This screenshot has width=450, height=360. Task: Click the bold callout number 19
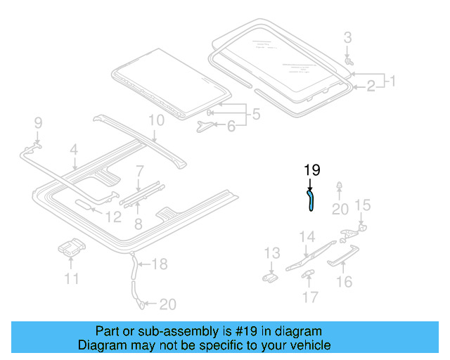pos(311,170)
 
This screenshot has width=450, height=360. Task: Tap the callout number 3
pos(347,37)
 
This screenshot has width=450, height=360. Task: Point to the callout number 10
pos(156,120)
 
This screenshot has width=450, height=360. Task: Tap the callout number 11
pos(71,279)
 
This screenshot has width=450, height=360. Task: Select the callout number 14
pos(307,236)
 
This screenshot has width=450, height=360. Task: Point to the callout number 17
pos(310,297)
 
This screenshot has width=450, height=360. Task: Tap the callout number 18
pos(160,264)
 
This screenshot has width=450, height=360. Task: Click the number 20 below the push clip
pos(340,209)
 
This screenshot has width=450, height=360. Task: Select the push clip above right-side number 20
pos(340,187)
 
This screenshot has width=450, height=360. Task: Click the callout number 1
pos(392,81)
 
